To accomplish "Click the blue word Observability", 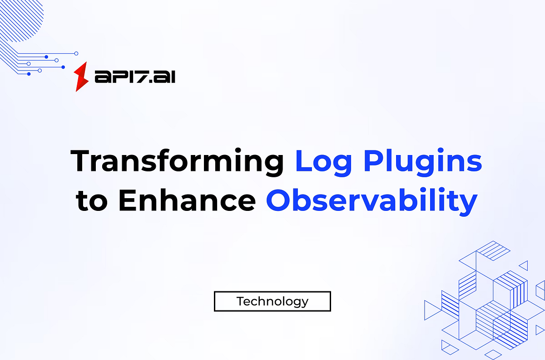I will (372, 201).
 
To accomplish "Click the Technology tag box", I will (272, 301).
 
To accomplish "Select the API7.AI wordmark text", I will (135, 77).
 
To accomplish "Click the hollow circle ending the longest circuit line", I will (76, 53).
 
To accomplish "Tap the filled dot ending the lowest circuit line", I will (29, 74).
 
